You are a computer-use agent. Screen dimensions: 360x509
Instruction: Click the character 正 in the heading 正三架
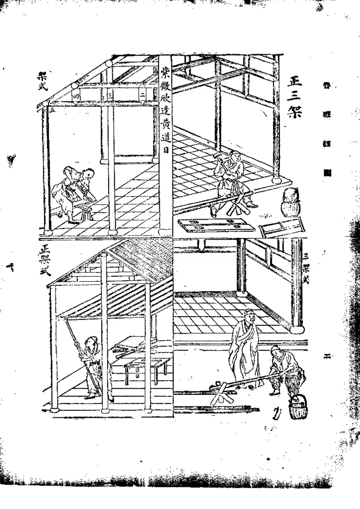click(x=294, y=82)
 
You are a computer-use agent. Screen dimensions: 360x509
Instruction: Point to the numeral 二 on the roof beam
click(x=143, y=95)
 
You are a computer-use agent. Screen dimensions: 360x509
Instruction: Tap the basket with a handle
click(x=298, y=409)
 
